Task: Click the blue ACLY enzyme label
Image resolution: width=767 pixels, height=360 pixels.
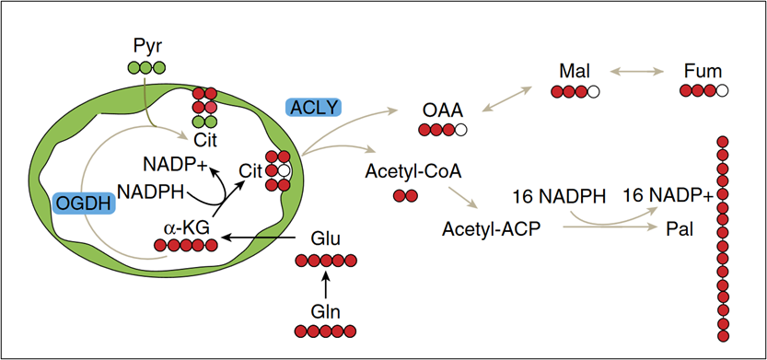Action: [x=313, y=107]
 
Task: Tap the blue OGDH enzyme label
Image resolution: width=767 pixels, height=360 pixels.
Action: [x=84, y=203]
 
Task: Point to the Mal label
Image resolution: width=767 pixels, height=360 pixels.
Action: [x=575, y=72]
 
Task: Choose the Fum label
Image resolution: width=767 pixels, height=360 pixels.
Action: [x=703, y=72]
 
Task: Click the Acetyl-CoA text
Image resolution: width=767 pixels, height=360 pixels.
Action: [x=413, y=172]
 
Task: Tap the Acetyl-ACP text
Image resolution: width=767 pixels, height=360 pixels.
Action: [x=491, y=228]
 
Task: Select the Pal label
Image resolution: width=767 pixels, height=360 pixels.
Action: [x=680, y=229]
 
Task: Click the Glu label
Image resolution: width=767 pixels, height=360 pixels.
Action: [x=326, y=240]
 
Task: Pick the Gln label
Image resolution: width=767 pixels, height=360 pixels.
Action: [x=326, y=311]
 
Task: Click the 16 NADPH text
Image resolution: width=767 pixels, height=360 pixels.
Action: [x=559, y=197]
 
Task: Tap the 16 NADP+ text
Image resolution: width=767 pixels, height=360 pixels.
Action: [x=668, y=196]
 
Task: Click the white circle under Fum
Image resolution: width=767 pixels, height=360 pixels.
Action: [x=722, y=90]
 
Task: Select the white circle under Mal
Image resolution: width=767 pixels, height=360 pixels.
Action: [x=593, y=91]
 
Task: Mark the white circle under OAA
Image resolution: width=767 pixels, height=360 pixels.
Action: [x=459, y=130]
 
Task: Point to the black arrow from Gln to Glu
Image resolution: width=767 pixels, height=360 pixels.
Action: [x=326, y=285]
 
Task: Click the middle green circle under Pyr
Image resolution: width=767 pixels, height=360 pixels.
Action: [x=146, y=68]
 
